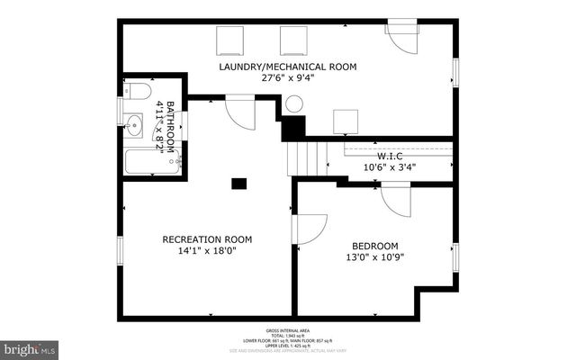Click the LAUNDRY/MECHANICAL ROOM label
(x=288, y=67)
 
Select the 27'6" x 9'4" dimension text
(x=288, y=78)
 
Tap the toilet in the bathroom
(x=138, y=91)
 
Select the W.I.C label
(x=389, y=155)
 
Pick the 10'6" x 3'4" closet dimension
(x=389, y=166)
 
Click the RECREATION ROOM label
(x=207, y=239)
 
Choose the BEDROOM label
(x=375, y=245)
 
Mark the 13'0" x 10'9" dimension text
(x=375, y=256)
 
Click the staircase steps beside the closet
(x=303, y=159)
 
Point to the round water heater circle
(x=294, y=103)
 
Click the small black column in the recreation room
(x=238, y=184)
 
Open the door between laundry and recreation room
(x=240, y=113)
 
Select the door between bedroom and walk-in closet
(x=396, y=199)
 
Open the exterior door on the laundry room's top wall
(x=401, y=33)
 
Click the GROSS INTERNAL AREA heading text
(x=287, y=330)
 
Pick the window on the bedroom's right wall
(x=455, y=256)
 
